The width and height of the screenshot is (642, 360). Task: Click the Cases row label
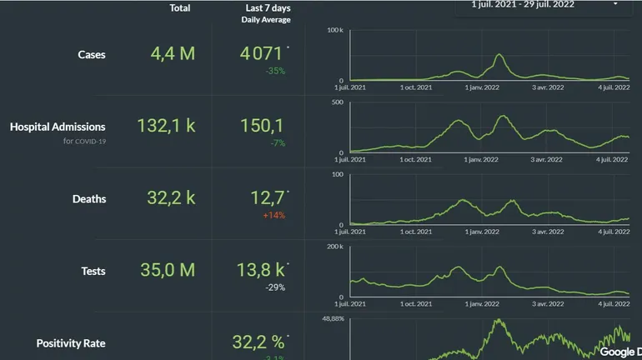[91, 55]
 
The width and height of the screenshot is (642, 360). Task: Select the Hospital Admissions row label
[58, 127]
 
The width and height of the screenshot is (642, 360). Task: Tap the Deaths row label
[89, 199]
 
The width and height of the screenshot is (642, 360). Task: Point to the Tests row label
[93, 271]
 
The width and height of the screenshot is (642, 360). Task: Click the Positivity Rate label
[71, 343]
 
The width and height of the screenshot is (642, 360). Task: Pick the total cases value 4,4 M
[173, 54]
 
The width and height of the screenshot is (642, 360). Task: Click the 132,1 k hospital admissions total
[166, 126]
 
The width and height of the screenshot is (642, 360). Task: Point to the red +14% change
[273, 215]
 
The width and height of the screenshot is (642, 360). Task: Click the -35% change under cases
[275, 71]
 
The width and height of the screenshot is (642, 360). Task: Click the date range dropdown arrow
[615, 4]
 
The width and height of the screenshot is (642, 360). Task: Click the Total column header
[179, 8]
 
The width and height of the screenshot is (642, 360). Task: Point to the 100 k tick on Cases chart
[335, 30]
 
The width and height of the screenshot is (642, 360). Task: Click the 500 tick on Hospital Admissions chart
[338, 102]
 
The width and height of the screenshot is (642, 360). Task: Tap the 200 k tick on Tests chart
[335, 247]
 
